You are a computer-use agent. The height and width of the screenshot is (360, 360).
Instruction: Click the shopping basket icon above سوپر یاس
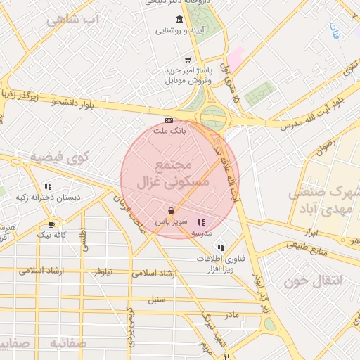[172, 210]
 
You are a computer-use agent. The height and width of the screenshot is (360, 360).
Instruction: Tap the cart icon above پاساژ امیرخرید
[187, 60]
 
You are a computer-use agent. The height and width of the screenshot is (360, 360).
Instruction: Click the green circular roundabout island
[212, 118]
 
